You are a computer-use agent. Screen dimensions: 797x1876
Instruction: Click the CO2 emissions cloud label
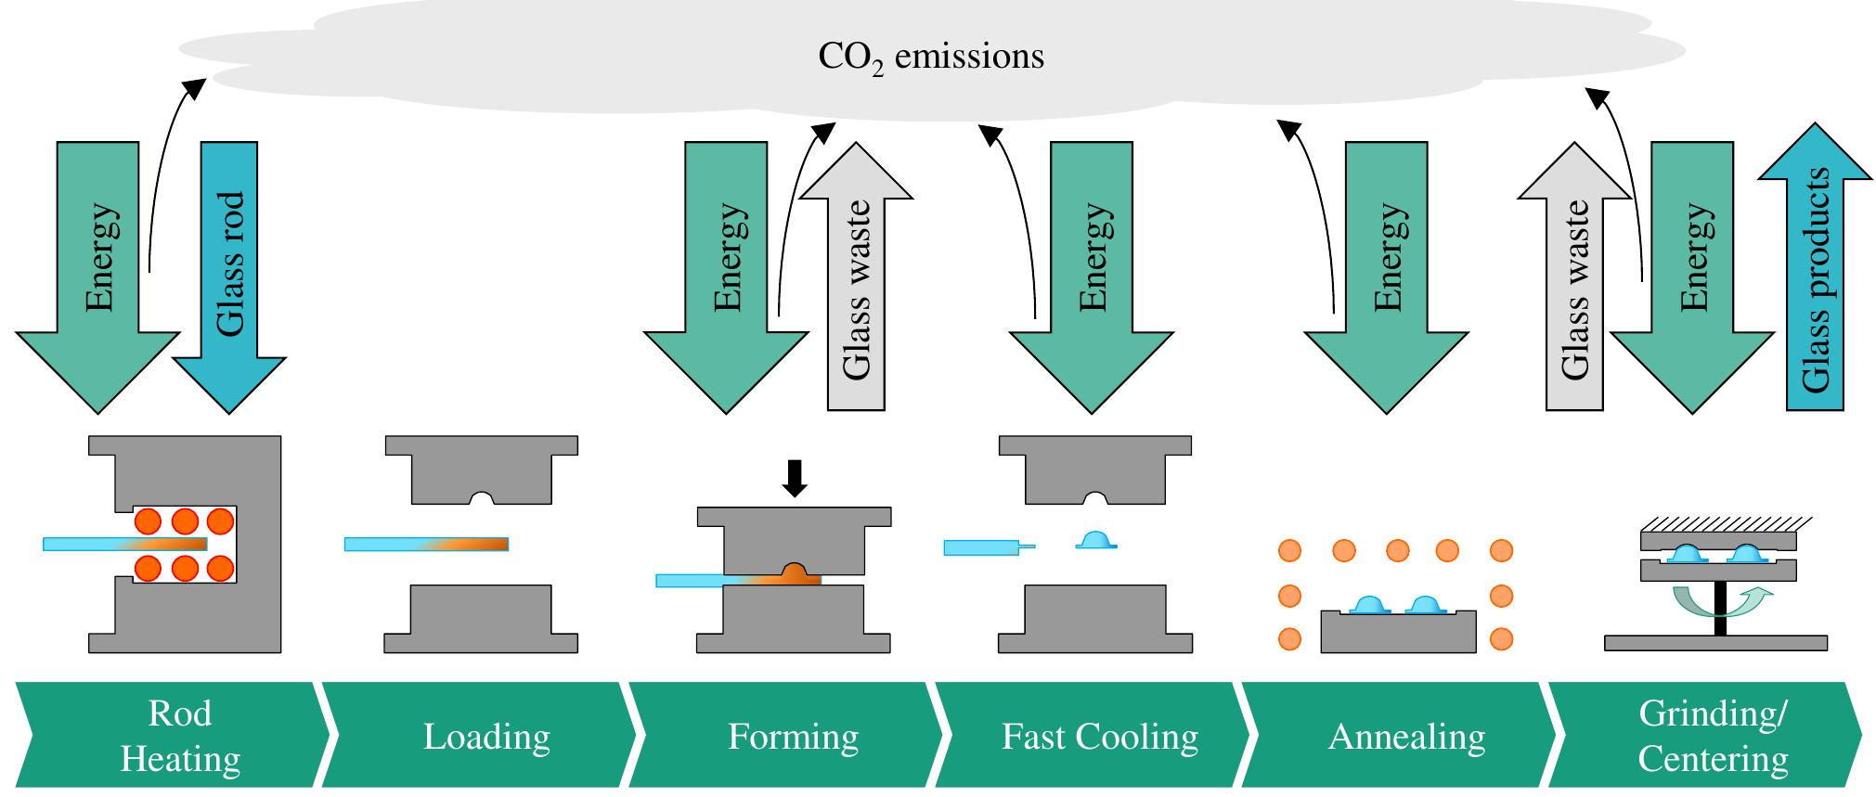click(x=930, y=58)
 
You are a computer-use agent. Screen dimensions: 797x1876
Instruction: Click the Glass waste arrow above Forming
click(x=856, y=288)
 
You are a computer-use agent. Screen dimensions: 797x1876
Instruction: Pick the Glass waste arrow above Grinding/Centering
click(x=1574, y=288)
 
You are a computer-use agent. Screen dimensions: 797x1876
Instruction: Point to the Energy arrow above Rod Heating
click(x=98, y=269)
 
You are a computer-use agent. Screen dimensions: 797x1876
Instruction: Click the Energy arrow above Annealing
click(x=1386, y=269)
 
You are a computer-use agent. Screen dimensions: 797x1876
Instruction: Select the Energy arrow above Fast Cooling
click(x=1092, y=269)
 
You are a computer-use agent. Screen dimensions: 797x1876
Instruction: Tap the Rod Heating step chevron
click(x=176, y=736)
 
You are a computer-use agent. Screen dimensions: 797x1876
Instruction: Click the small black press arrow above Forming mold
click(x=795, y=477)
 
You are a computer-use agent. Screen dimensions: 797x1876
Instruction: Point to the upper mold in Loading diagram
click(x=481, y=469)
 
